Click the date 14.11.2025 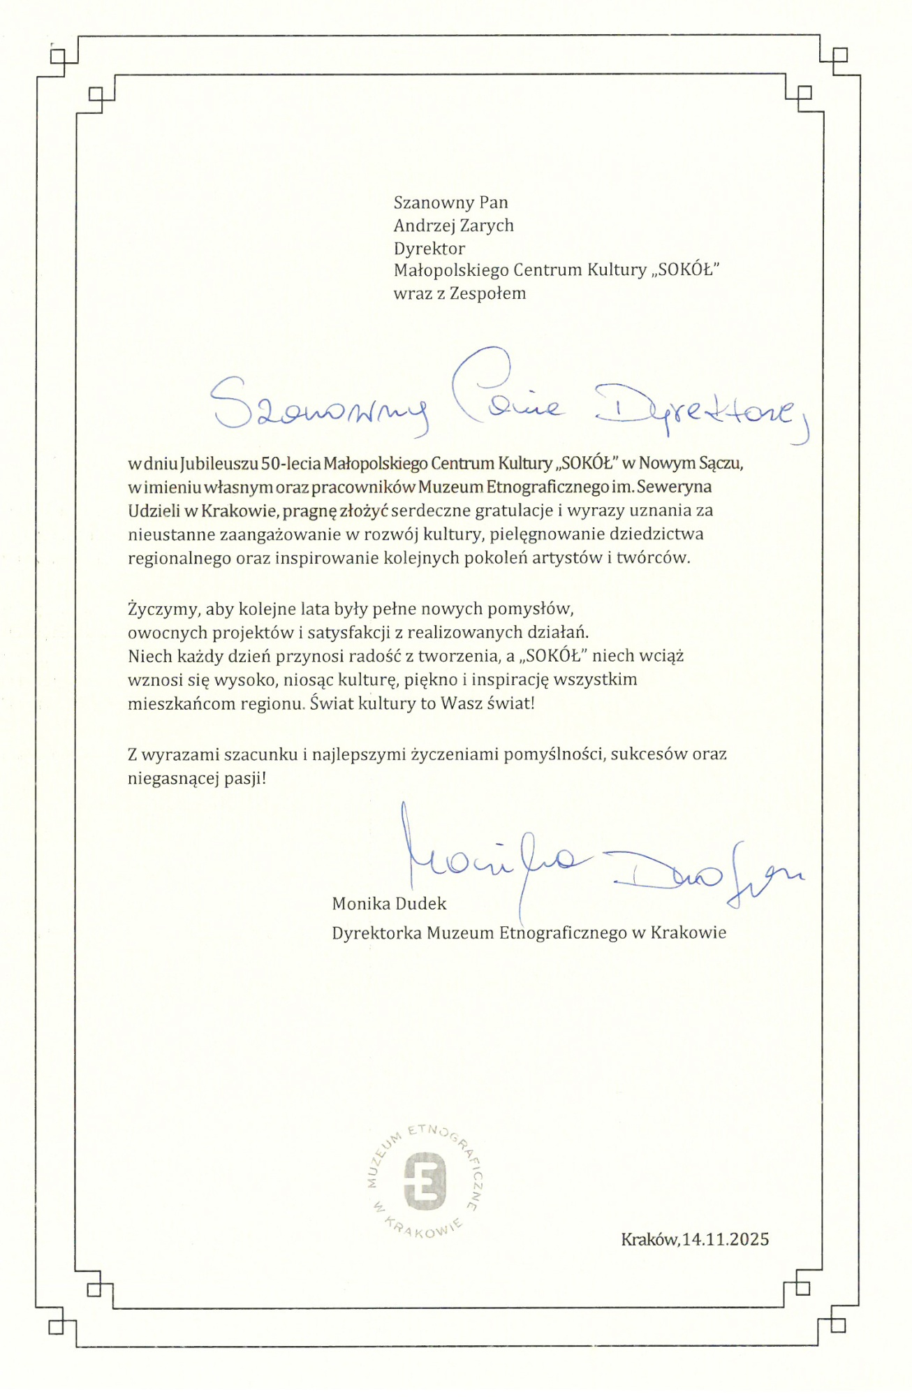(x=726, y=1239)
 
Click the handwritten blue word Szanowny (x=320, y=407)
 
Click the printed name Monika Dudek (x=389, y=903)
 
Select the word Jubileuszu (x=219, y=463)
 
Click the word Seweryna (x=674, y=486)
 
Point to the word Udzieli (x=154, y=511)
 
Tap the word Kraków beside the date (x=649, y=1239)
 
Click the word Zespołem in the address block (x=487, y=293)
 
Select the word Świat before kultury (x=332, y=703)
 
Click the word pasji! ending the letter (x=245, y=778)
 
